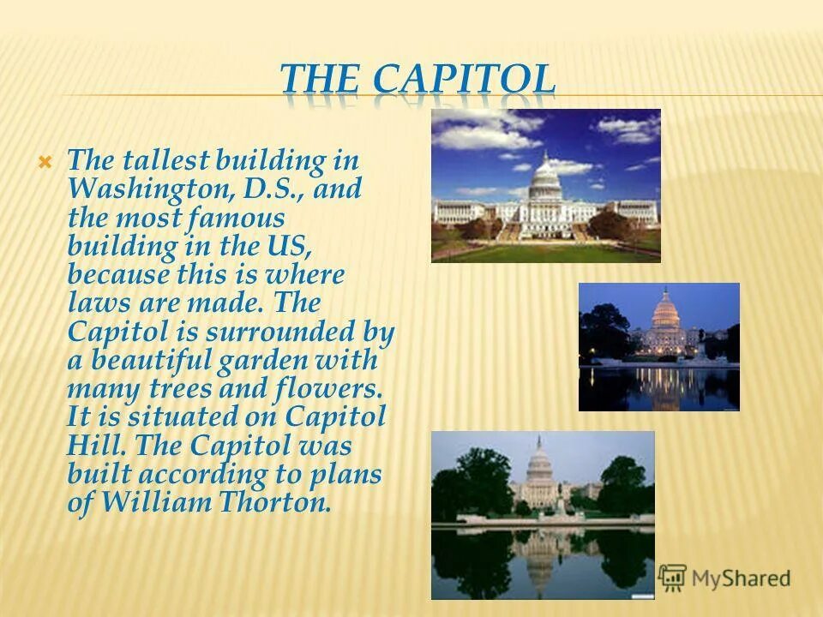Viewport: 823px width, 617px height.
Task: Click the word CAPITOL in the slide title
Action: [x=464, y=80]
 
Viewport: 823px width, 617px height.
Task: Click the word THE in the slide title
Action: [x=322, y=80]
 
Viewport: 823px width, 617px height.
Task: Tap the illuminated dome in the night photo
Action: [x=665, y=310]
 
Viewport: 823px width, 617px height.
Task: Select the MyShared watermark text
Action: [x=741, y=578]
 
